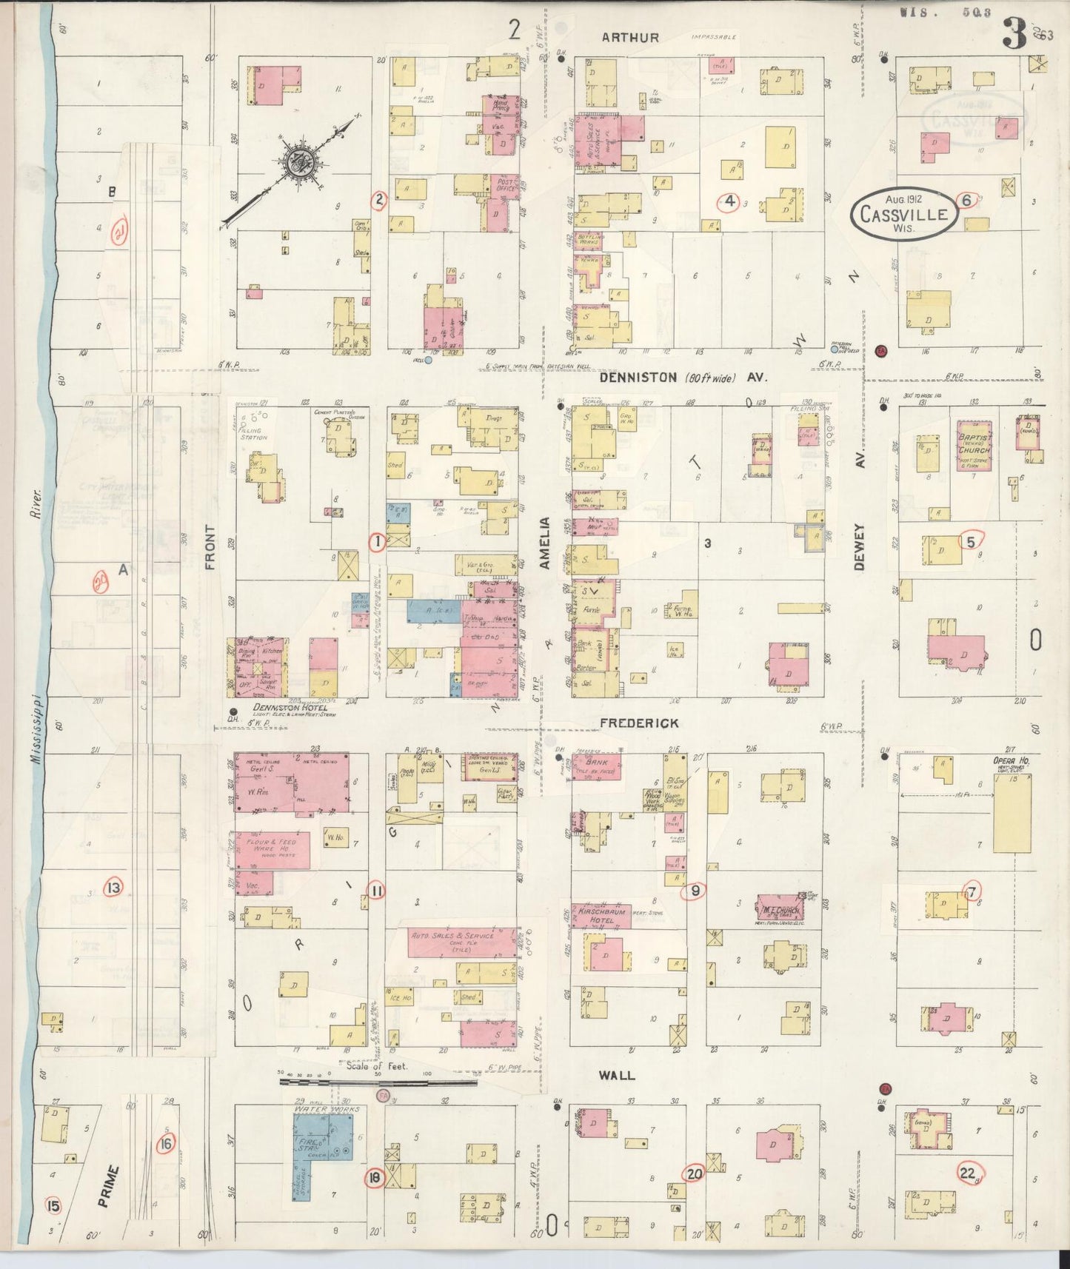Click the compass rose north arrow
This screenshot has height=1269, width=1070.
(x=302, y=164)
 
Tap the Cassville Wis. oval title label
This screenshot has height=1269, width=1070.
(x=904, y=214)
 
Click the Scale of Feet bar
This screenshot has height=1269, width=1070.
(x=378, y=1082)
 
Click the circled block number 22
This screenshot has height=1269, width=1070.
(x=967, y=1172)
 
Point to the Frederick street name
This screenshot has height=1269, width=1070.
(x=638, y=723)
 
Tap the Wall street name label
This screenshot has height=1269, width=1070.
(x=617, y=1075)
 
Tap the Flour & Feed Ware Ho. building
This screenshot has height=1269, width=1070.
(x=272, y=848)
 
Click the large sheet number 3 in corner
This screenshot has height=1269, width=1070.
(x=1014, y=34)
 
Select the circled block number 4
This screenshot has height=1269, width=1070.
(x=729, y=201)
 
